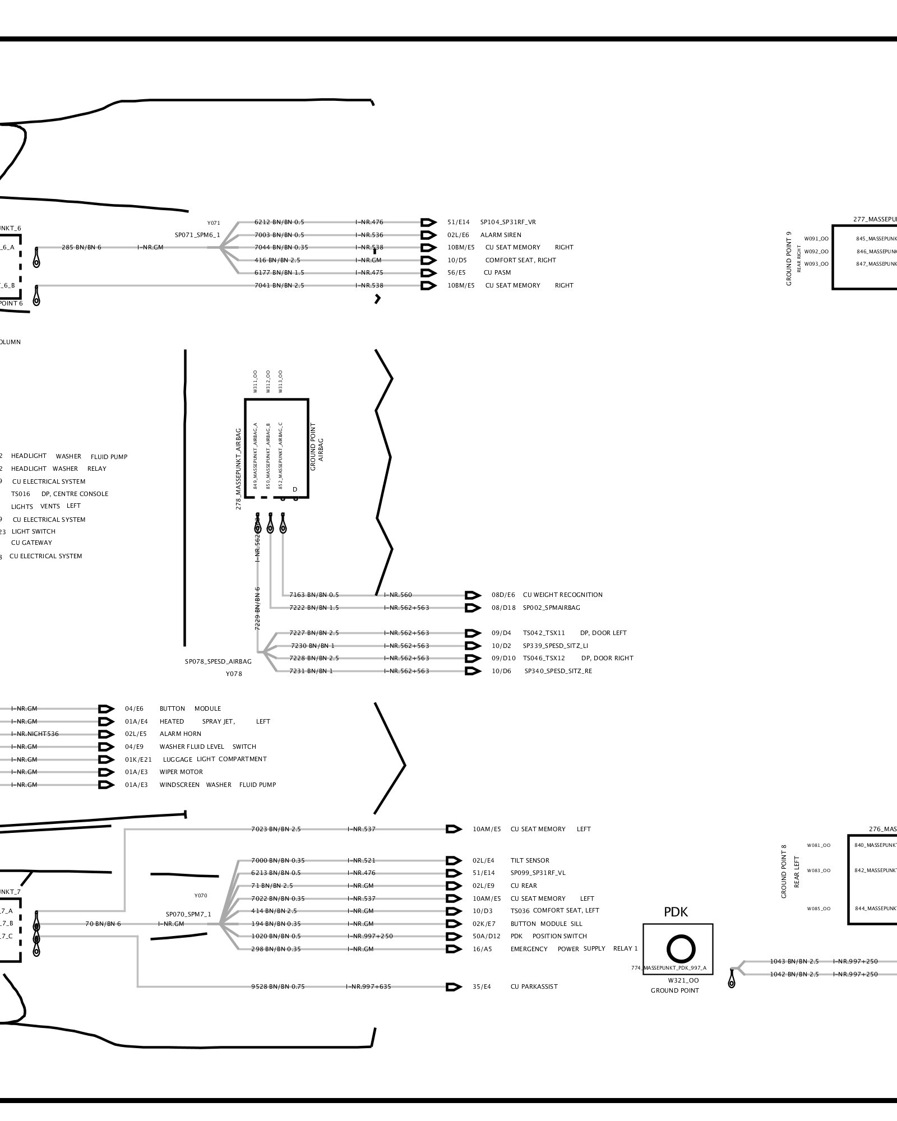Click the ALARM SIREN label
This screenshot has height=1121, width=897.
tap(500, 235)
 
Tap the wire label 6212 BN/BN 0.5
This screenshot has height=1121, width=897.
tap(279, 223)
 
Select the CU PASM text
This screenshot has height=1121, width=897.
tap(497, 273)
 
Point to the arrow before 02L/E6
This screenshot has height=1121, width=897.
tap(428, 235)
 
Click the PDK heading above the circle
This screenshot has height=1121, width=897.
tap(676, 912)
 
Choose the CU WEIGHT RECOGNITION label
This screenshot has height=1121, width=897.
tap(562, 595)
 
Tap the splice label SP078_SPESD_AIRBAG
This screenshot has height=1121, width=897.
tap(218, 661)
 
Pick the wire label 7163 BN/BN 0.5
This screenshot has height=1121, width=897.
tap(314, 595)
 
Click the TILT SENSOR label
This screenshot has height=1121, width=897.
tap(530, 860)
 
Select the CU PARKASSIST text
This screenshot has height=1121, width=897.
tap(534, 986)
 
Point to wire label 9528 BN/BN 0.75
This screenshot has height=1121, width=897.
tap(278, 986)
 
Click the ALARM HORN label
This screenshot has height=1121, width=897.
tap(180, 734)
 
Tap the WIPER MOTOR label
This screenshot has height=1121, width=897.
tap(181, 772)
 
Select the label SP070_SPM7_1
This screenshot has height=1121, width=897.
tap(188, 914)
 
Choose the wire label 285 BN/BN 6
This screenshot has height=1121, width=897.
tap(81, 247)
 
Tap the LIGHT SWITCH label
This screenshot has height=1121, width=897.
tap(34, 531)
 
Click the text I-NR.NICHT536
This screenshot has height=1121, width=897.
tap(35, 734)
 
